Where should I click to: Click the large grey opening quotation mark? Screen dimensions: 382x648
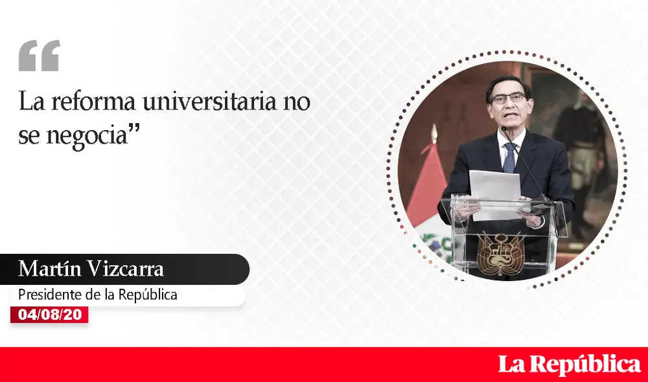coord(39,56)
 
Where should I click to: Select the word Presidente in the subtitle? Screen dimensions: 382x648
coord(49,295)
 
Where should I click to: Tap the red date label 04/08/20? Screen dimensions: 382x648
coord(49,315)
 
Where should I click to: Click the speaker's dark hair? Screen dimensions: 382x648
coord(509,83)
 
